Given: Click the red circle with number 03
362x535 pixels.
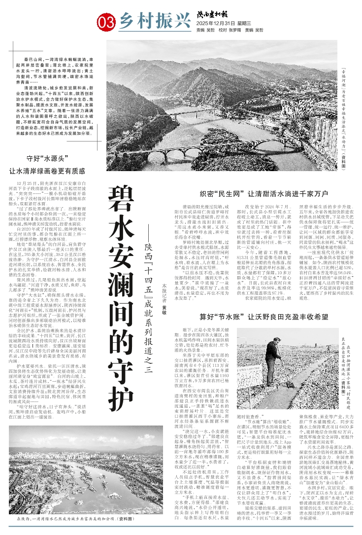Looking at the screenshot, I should point(107,21).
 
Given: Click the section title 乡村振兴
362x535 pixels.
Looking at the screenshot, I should point(148,21).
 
